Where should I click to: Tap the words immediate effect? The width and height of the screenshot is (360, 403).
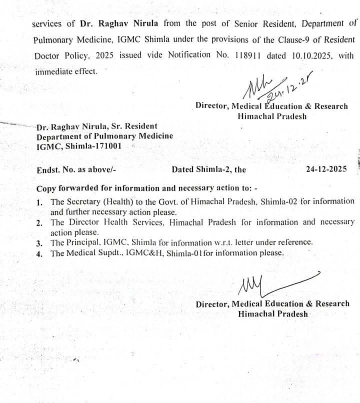65,71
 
